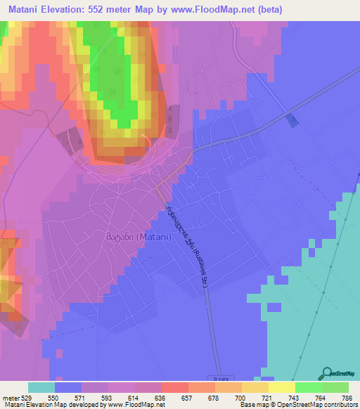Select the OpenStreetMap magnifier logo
[326, 374]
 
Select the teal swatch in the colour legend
[41, 387]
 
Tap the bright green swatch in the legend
[308, 387]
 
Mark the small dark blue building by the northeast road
[292, 120]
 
